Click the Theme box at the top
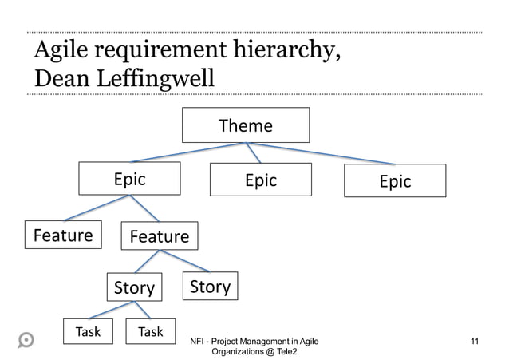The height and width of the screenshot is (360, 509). tap(246, 125)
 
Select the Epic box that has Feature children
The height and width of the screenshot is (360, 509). tap(129, 180)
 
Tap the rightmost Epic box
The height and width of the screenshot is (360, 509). tap(395, 181)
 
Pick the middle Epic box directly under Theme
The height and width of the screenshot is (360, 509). tap(260, 180)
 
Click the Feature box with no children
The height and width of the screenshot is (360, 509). tap(63, 235)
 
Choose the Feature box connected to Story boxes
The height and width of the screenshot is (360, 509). tap(159, 236)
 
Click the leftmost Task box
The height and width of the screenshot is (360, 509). tap(88, 331)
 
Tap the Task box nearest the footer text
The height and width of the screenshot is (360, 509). tap(151, 331)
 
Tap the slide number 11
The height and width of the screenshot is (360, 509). tap(475, 342)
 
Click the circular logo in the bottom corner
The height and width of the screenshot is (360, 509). tap(26, 338)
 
